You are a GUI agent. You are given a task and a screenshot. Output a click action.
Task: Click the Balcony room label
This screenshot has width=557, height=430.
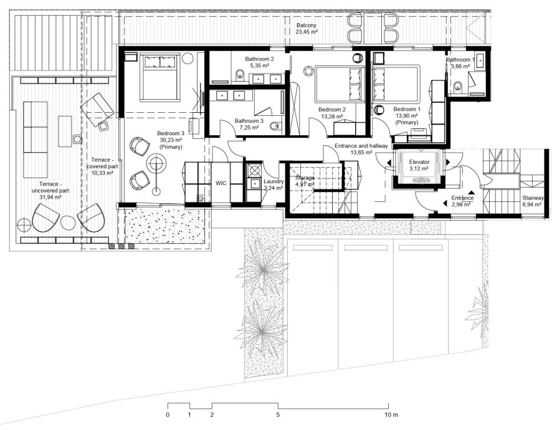point(306,26)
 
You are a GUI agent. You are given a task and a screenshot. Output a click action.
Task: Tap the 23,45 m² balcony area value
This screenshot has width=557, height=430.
point(306,32)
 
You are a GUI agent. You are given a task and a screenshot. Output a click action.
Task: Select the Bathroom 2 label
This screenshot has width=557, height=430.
point(259,59)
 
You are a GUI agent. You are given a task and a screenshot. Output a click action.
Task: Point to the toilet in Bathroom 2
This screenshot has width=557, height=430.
point(240,75)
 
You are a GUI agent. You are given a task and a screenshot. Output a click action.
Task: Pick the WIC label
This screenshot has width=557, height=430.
point(221,183)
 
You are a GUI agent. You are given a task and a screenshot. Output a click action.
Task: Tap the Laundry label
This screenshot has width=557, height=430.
point(274,181)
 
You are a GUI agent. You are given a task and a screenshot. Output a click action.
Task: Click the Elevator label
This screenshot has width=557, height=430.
point(419,162)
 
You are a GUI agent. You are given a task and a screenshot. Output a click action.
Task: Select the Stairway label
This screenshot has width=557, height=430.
point(533,198)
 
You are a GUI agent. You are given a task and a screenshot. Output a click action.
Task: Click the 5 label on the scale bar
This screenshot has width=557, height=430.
point(278,414)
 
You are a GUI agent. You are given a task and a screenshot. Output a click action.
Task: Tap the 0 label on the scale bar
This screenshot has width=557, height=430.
point(168,414)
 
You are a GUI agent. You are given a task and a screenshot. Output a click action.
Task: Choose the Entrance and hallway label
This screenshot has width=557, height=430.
point(361,146)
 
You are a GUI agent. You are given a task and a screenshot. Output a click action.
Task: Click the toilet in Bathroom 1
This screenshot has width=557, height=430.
point(459,85)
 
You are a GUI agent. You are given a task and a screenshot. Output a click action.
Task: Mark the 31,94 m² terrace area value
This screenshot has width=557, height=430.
point(49,197)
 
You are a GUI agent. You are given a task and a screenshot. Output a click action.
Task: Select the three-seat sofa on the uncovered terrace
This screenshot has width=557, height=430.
point(35,140)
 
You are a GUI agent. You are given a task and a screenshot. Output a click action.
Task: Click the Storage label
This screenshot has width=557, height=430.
point(305,178)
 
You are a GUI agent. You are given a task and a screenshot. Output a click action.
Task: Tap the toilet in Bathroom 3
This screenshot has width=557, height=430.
point(275,127)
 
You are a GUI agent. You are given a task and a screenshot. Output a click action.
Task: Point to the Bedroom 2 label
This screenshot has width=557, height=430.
point(332,110)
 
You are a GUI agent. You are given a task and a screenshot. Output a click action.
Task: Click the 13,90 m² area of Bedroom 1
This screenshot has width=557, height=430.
point(407,116)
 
